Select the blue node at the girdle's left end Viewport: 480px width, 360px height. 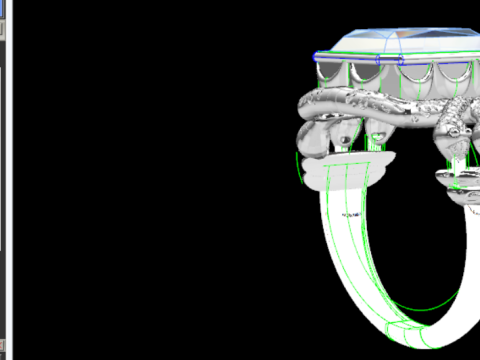(318, 56)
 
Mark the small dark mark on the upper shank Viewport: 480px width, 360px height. (351, 215)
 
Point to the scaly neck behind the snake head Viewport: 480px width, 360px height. (440, 120)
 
